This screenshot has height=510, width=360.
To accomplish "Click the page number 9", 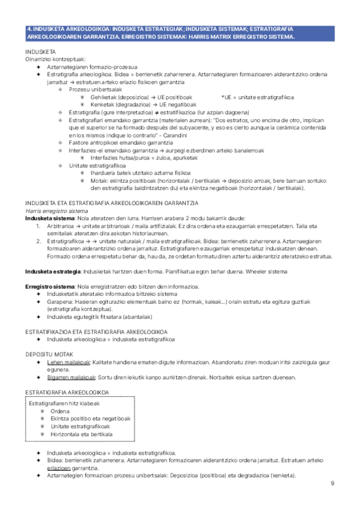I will pos(332,484).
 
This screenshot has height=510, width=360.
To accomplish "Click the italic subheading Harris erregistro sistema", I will pos(53,211).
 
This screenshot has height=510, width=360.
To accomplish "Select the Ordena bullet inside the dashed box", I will pos(60,411).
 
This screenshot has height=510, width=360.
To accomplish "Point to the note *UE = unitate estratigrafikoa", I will pos(257,97).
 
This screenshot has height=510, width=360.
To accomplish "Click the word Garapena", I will pos(59,302).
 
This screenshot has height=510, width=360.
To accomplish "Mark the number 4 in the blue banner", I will pos(30,29).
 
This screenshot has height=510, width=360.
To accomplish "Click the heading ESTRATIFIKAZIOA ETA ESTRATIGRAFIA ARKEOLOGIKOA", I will pos(97,331).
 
